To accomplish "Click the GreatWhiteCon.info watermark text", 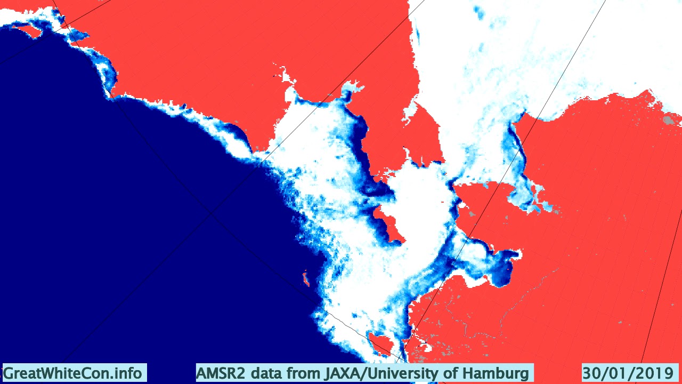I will [74, 372].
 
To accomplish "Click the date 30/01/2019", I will [628, 372].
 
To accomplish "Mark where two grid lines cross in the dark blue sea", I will [210, 213].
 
